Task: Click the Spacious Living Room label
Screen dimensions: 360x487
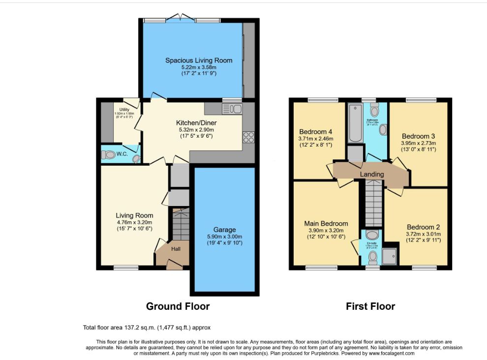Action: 198,60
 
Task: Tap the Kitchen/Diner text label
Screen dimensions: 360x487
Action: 196,123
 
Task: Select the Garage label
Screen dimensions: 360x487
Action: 224,230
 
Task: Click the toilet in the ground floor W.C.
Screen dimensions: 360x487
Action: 109,155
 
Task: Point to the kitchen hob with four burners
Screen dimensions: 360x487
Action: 248,137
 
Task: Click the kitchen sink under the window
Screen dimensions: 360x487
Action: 231,109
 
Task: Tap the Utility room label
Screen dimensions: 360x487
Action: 123,109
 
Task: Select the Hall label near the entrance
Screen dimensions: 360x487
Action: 176,249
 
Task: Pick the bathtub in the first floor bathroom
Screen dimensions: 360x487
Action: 354,123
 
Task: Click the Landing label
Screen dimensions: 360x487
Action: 371,175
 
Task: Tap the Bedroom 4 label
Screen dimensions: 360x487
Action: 316,132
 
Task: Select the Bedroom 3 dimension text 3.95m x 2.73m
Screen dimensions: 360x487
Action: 419,144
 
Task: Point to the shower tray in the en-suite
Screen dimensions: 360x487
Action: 392,255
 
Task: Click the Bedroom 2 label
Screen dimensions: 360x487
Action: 423,227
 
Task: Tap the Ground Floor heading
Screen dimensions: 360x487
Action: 178,306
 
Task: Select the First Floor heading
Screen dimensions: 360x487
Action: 370,306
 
